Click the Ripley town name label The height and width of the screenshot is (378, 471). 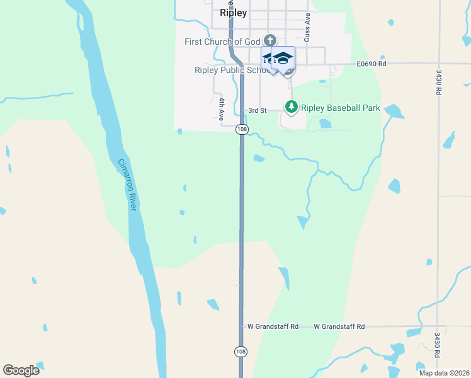click(234, 13)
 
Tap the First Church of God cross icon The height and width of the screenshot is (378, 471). click(270, 40)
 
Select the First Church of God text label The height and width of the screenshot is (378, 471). click(223, 42)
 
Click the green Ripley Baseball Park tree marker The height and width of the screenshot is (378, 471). click(291, 107)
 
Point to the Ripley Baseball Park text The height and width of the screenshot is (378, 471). click(341, 108)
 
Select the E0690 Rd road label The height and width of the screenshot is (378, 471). click(371, 64)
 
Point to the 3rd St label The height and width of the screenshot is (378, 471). click(257, 110)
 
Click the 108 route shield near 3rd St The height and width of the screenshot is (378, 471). click(241, 129)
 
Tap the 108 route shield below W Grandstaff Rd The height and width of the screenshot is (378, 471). click(241, 352)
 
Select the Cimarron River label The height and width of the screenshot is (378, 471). click(128, 184)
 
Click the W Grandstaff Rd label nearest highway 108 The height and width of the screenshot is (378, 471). click(273, 326)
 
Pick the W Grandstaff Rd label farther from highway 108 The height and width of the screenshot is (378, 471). click(339, 326)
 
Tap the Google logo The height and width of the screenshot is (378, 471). click(21, 370)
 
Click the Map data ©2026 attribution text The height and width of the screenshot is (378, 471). click(443, 372)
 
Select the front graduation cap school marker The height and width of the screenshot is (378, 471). click(283, 59)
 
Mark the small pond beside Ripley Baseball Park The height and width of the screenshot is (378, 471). click(325, 123)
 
